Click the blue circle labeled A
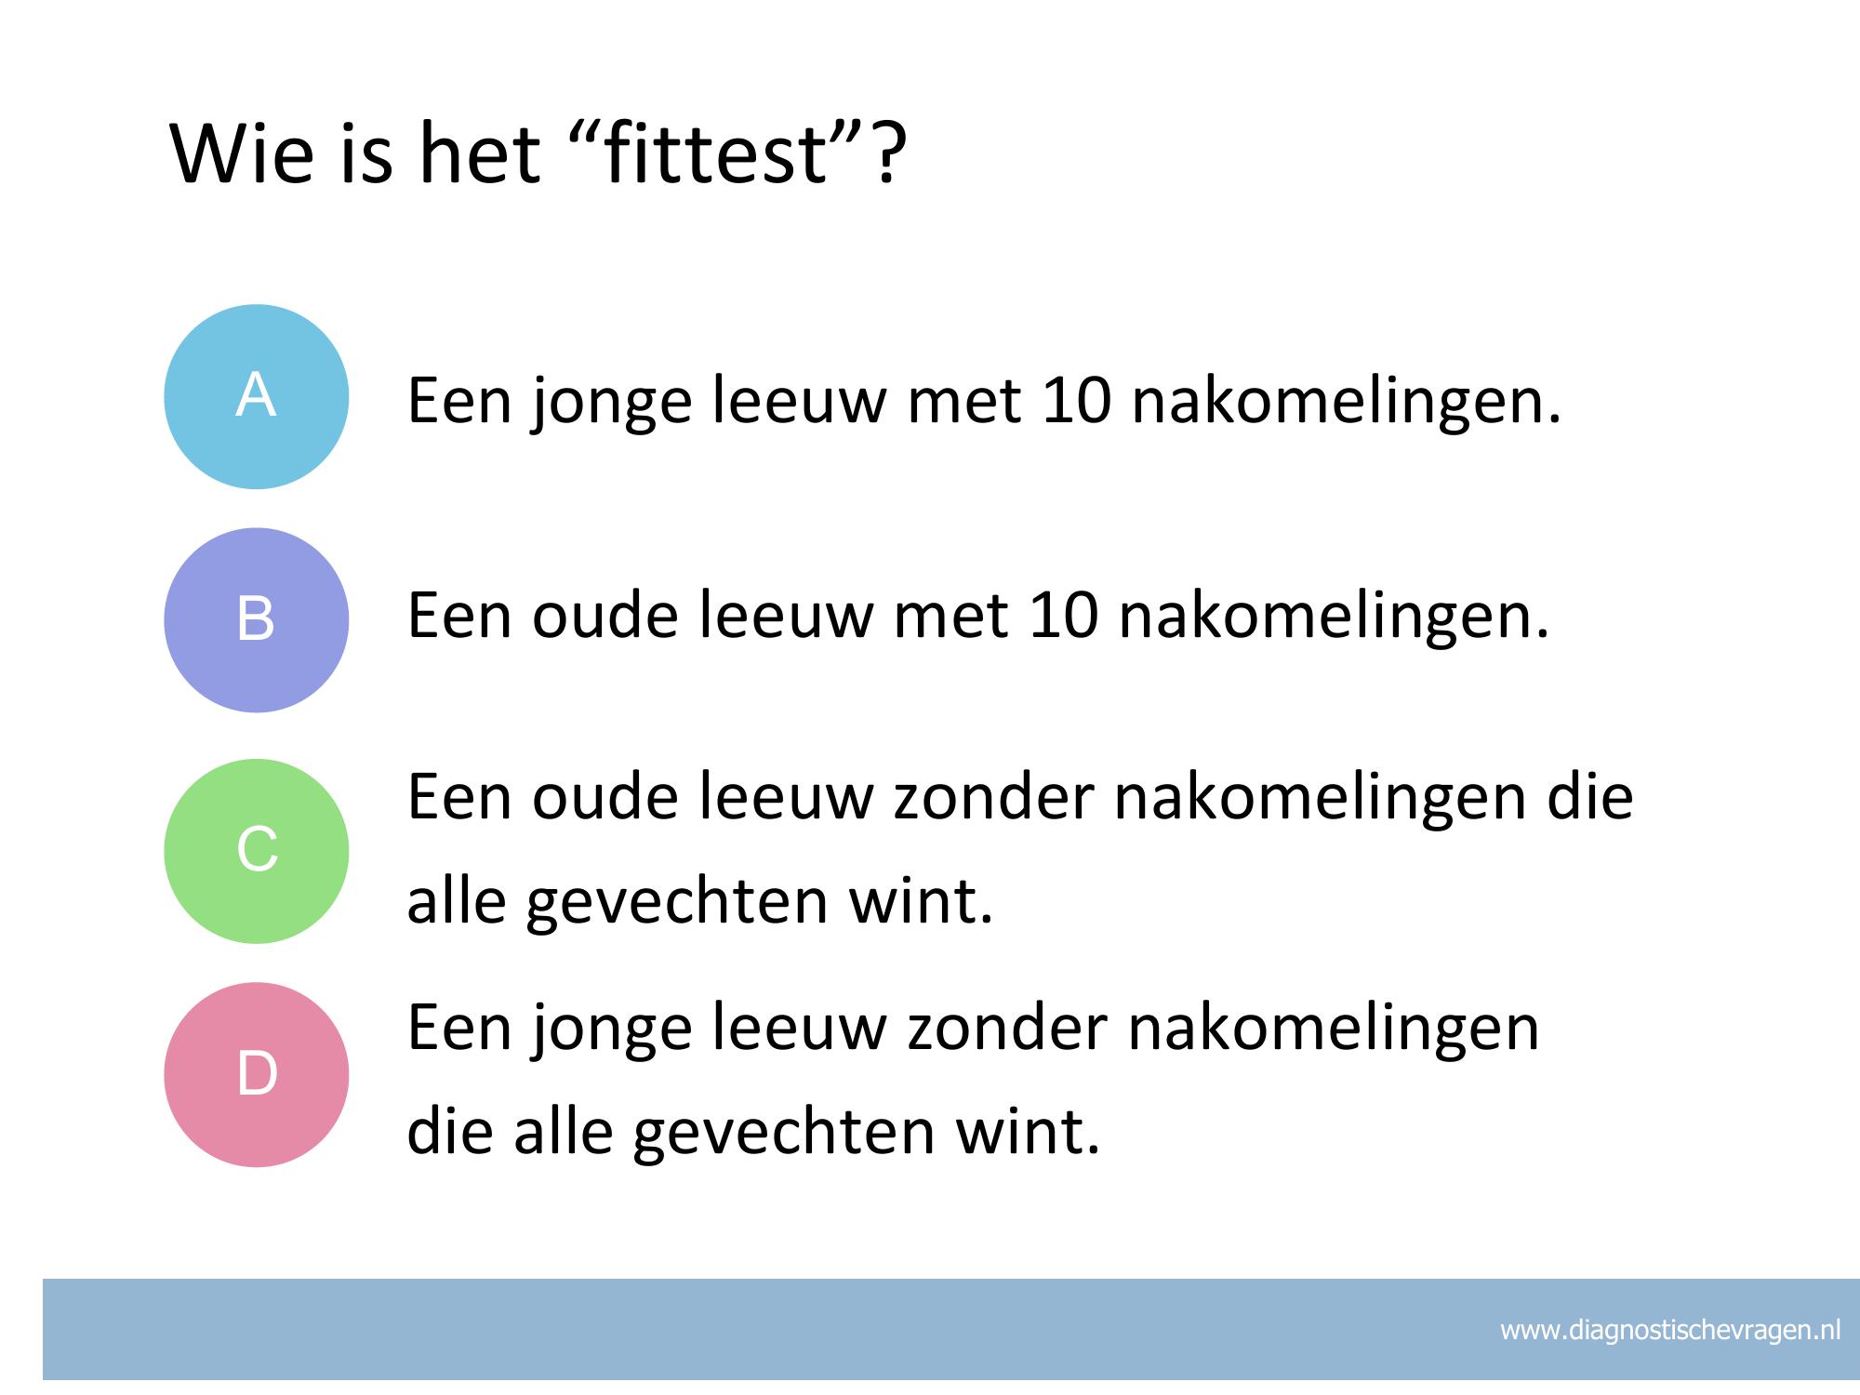coord(257,397)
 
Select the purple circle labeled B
coord(257,620)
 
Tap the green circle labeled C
coord(257,851)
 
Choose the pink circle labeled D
coord(257,1074)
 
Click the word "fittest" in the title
coord(713,153)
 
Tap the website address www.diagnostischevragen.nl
coord(1670,1330)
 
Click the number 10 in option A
coord(1076,402)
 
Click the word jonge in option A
coord(612,405)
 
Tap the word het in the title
coord(479,153)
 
